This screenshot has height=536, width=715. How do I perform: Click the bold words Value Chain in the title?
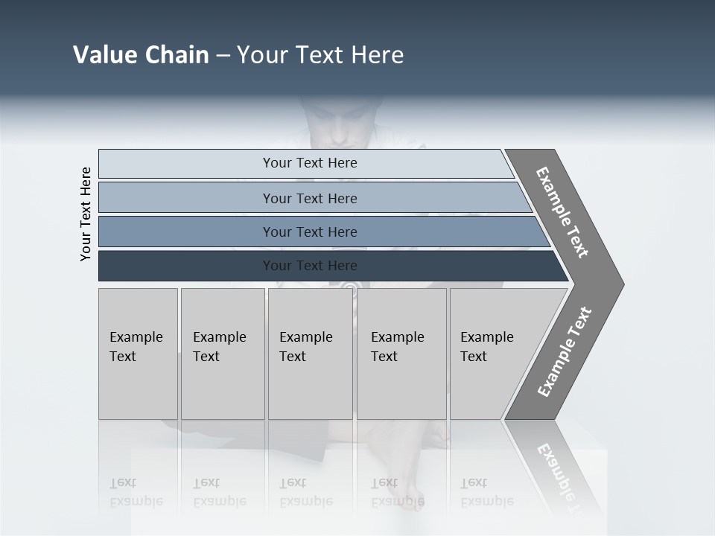point(141,55)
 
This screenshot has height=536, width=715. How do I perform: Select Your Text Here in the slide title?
point(320,55)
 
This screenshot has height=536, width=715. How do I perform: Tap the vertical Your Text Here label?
point(86,214)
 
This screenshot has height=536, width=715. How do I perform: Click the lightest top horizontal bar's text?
point(310,163)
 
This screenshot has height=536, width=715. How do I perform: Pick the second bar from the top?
point(310,198)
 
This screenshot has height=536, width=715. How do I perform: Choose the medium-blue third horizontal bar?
point(310,232)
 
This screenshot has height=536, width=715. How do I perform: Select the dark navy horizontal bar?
point(310,266)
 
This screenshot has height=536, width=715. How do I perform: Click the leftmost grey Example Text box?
point(137,354)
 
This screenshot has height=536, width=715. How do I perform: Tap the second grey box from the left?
point(221,354)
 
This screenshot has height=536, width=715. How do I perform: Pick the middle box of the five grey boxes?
point(309,354)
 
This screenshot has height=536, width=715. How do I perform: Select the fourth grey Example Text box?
point(400,354)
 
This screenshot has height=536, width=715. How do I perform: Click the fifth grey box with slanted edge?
point(492,354)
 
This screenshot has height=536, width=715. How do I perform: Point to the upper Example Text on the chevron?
point(562,213)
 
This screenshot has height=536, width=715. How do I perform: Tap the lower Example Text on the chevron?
point(565,352)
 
